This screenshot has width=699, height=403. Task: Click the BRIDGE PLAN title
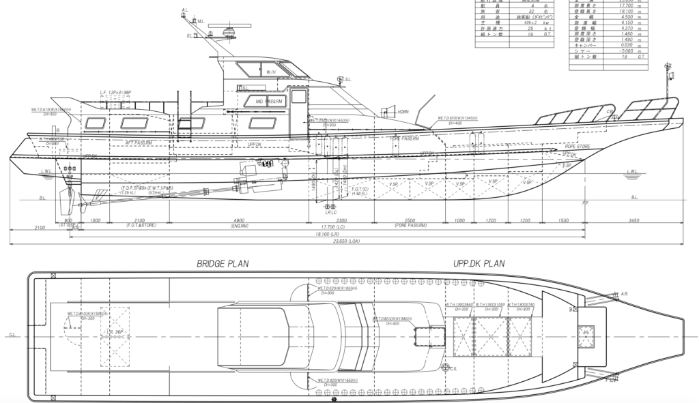point(223,263)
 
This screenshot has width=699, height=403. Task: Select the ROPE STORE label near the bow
point(558,146)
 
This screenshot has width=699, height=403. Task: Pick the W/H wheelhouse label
point(271,72)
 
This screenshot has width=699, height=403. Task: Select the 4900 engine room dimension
point(240,220)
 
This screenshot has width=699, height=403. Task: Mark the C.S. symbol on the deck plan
point(452,369)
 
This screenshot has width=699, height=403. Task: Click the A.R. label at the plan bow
point(624,295)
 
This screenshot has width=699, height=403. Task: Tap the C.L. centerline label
point(12,335)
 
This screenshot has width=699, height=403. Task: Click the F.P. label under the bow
point(585,203)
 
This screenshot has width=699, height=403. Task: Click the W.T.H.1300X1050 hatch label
point(493,305)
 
